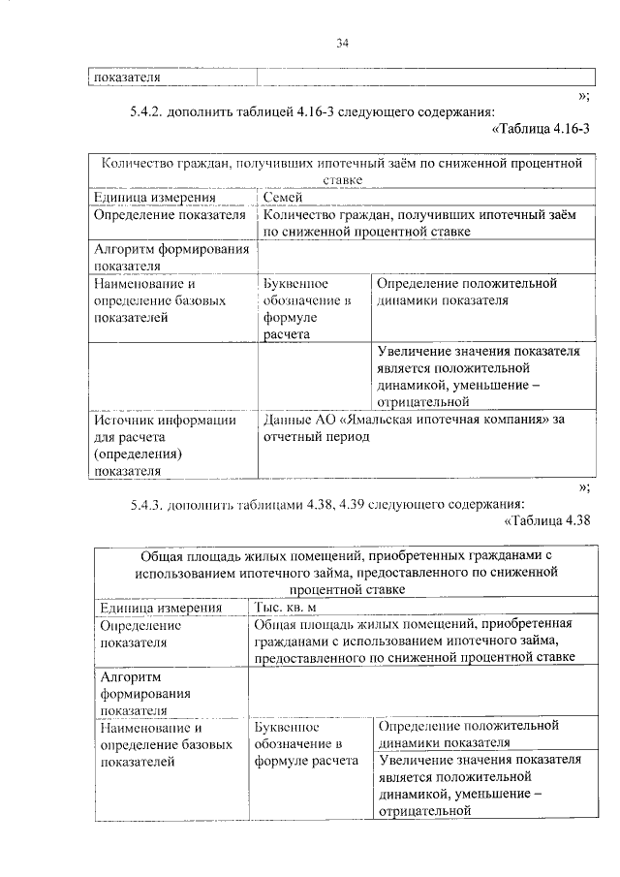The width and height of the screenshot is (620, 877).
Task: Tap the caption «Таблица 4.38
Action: (x=548, y=523)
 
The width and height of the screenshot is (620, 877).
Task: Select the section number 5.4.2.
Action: (x=146, y=111)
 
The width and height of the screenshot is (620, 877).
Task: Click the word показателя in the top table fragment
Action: (x=126, y=77)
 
